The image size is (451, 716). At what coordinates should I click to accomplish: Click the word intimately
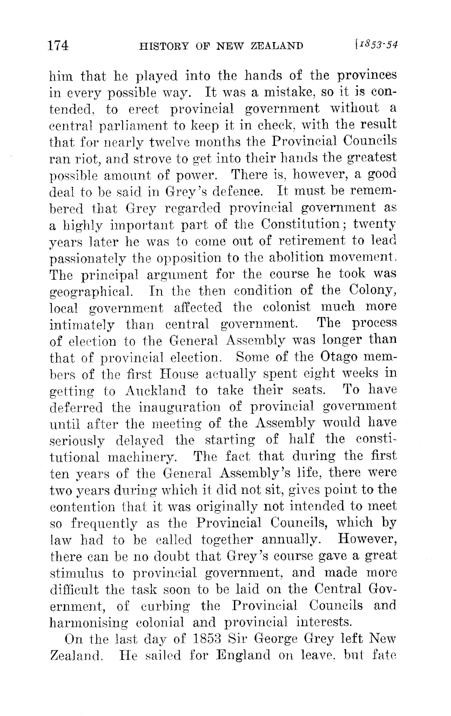pyautogui.click(x=81, y=324)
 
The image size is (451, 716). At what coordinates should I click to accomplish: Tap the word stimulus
pyautogui.click(x=77, y=573)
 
